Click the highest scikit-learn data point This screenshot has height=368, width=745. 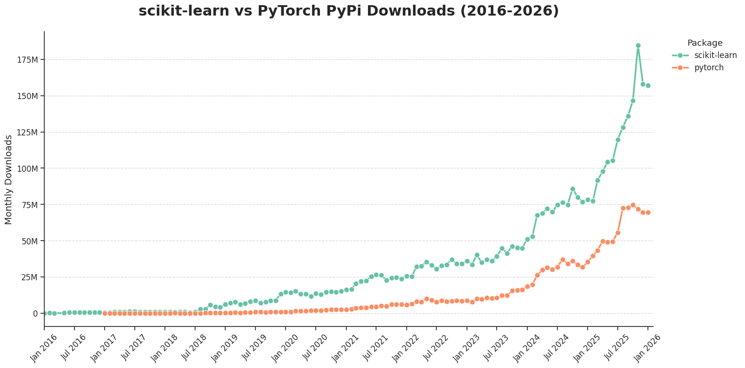click(x=638, y=46)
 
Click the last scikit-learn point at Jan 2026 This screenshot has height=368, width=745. click(x=648, y=86)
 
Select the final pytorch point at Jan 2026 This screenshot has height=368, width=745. click(x=648, y=212)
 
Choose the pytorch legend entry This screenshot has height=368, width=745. click(x=709, y=67)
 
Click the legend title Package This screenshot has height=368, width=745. click(x=705, y=43)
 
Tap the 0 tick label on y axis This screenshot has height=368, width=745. click(x=34, y=314)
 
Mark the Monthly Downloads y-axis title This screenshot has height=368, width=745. click(x=9, y=179)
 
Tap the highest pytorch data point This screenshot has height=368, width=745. click(x=633, y=205)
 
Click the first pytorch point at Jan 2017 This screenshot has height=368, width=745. click(x=105, y=313)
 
